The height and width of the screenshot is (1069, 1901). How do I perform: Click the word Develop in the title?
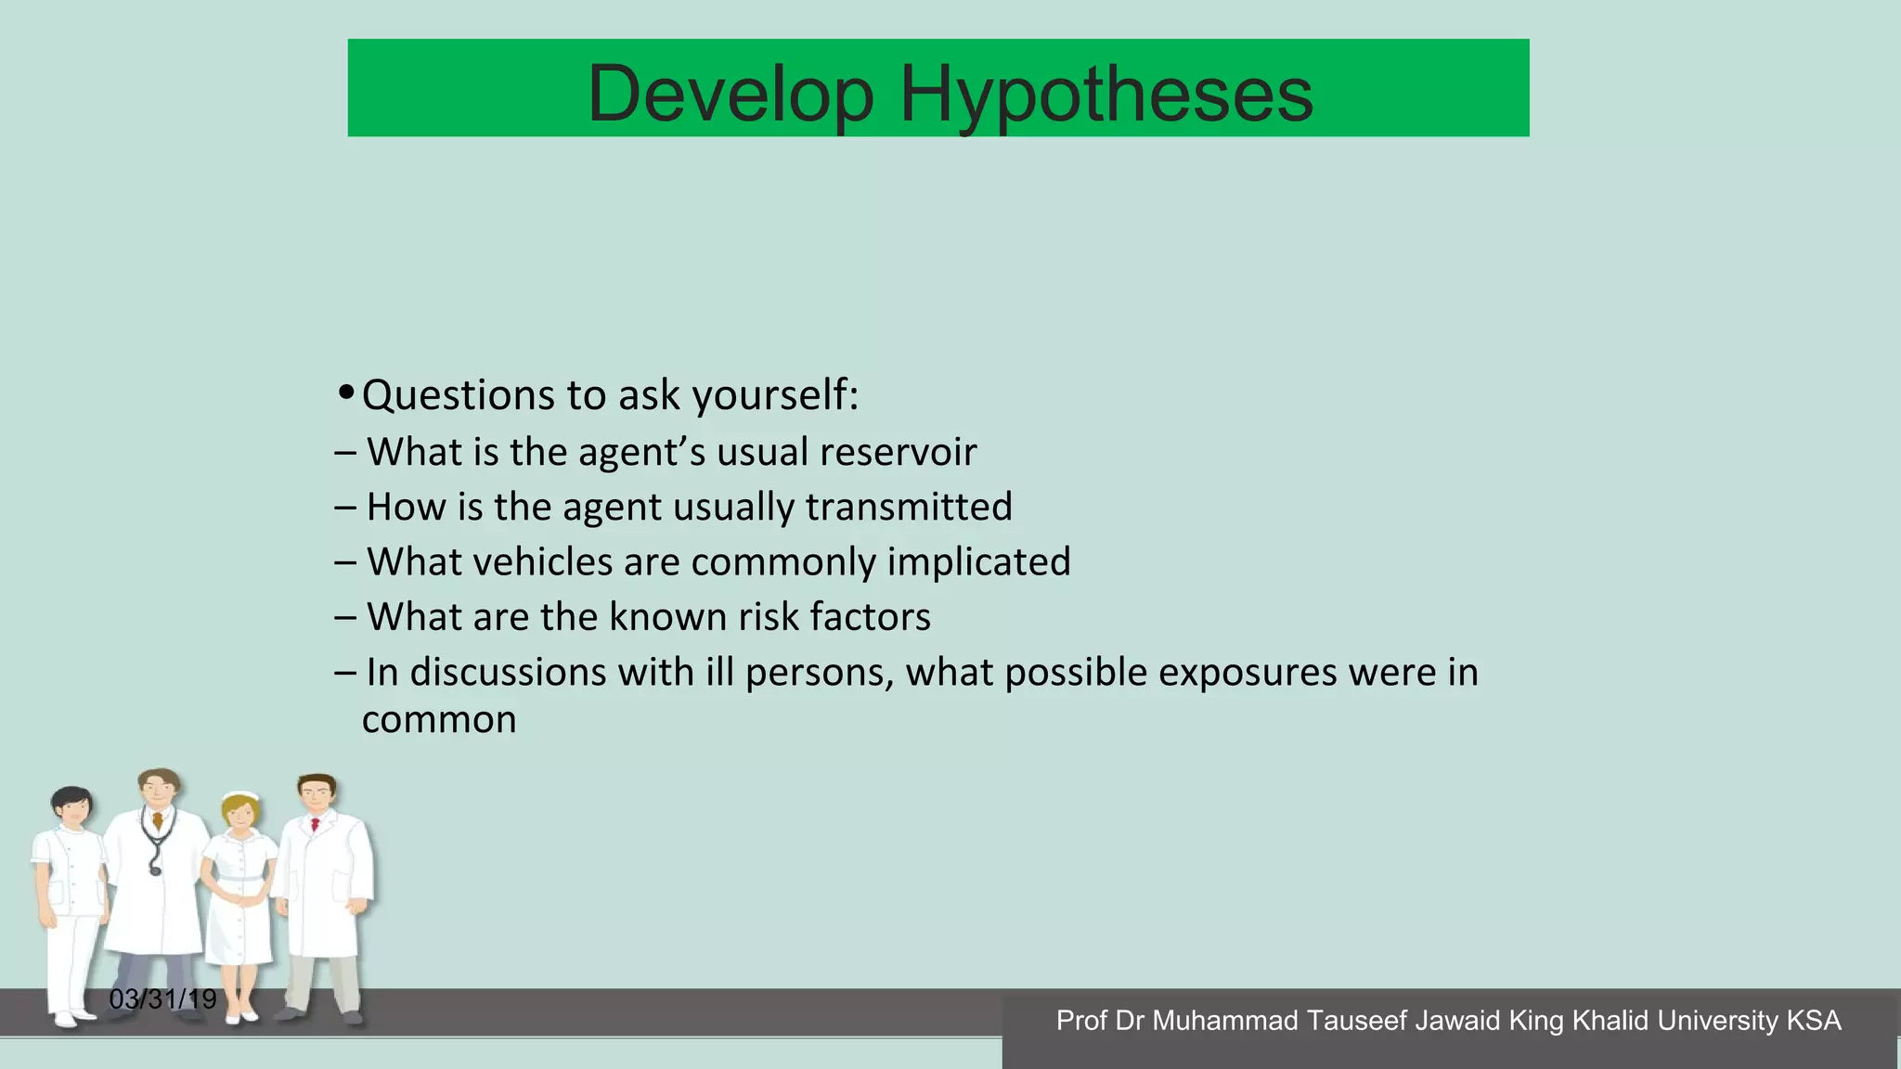tap(731, 94)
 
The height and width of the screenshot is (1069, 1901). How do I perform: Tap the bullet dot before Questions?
tap(345, 392)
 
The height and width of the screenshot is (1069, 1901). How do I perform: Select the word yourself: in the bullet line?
tap(775, 396)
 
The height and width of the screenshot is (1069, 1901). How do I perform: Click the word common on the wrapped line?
tap(438, 720)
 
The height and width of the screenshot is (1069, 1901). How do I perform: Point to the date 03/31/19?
tap(162, 999)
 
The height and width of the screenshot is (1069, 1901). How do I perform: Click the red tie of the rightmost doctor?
tap(316, 823)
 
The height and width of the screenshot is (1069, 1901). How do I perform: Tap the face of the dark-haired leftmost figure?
tap(72, 808)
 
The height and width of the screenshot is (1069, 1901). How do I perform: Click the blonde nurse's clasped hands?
tap(240, 898)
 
